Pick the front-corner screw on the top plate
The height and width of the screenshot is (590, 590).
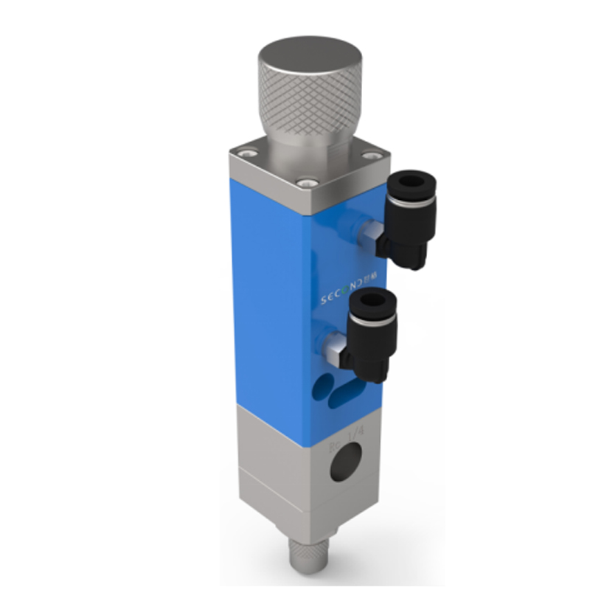304,181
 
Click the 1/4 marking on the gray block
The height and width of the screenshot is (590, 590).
355,433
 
